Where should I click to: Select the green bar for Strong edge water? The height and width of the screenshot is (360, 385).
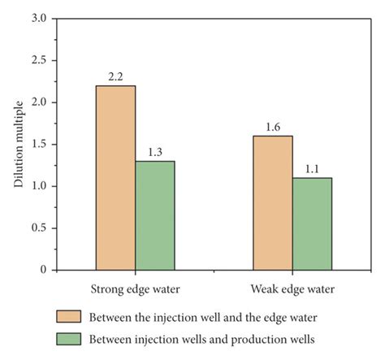(155, 215)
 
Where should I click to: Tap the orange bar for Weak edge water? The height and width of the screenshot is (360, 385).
(273, 202)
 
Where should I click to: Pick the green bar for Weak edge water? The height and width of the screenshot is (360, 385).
(312, 223)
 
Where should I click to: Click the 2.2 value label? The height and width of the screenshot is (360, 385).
(115, 77)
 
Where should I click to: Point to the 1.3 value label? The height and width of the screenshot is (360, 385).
(155, 153)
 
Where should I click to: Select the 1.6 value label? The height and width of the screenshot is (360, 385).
(273, 128)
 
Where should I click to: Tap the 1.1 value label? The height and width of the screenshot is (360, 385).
(312, 170)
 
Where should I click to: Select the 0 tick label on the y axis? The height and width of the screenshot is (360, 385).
(42, 270)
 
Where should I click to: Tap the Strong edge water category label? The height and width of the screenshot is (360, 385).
(135, 288)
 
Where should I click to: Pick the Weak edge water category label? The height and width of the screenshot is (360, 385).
(292, 288)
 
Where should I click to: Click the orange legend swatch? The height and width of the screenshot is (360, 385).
(68, 316)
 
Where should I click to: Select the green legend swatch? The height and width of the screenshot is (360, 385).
(68, 339)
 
